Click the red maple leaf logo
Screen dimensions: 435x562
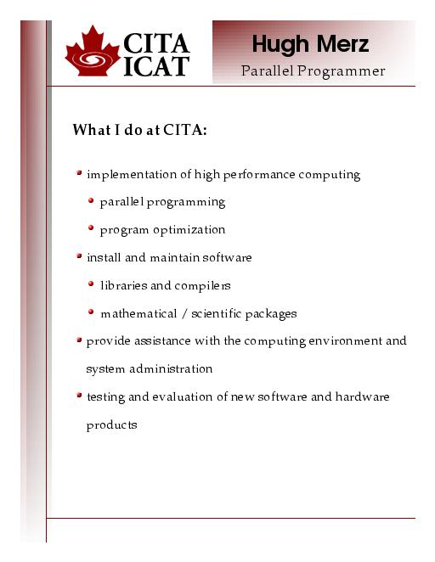point(92,51)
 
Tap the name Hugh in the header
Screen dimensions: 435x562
point(280,45)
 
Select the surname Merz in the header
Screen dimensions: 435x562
point(343,44)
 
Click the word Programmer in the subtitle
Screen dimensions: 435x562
point(341,71)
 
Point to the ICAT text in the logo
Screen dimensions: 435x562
point(156,66)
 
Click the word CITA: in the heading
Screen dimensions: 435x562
point(185,130)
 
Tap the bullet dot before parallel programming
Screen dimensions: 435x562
point(91,200)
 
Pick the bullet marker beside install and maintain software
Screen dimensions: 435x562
point(79,256)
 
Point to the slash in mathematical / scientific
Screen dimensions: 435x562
point(184,314)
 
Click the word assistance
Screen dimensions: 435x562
point(162,341)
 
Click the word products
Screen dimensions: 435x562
point(111,425)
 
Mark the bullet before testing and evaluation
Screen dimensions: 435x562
point(79,396)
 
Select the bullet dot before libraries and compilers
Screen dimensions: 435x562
point(91,284)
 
